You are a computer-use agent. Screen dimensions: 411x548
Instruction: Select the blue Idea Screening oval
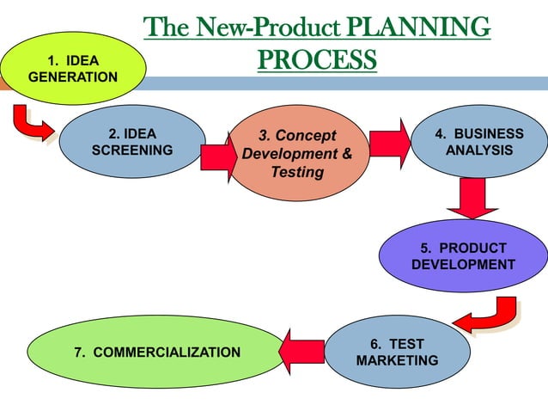pos(132,142)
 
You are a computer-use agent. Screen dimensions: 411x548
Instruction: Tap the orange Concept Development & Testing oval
pos(296,155)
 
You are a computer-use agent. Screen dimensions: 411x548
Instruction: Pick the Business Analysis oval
pos(479,142)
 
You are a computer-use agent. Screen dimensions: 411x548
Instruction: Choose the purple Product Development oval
pos(463,256)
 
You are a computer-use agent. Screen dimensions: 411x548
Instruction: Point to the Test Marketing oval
pos(397,353)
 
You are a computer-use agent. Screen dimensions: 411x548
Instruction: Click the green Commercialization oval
pos(155,353)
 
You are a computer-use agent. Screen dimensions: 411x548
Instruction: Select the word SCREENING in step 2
pos(132,150)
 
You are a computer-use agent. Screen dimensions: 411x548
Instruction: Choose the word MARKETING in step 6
pos(397,360)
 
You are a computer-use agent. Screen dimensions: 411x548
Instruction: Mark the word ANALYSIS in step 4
pos(479,150)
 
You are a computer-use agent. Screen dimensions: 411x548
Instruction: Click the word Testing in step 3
pos(297,173)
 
